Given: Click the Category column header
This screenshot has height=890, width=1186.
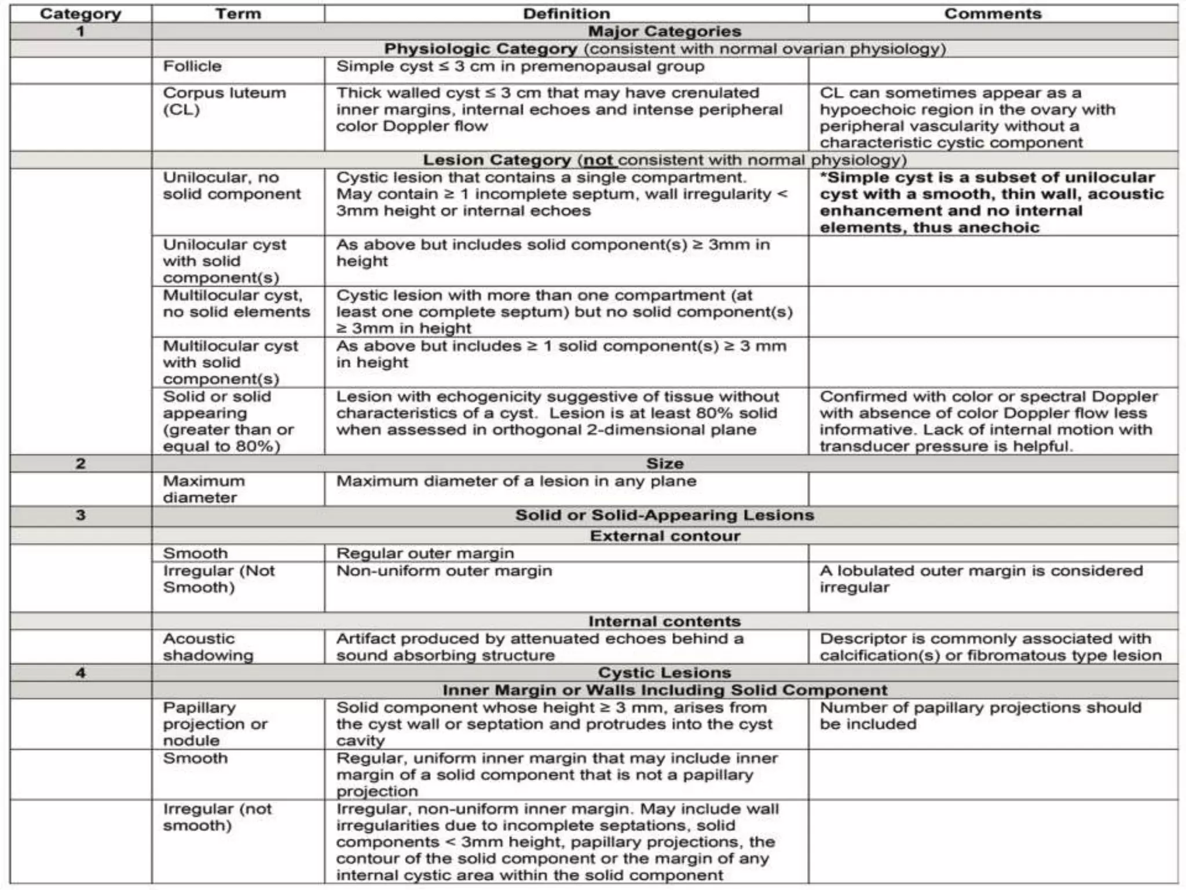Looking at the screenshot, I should (x=80, y=14).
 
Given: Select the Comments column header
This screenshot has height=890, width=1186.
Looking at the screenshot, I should (x=993, y=14).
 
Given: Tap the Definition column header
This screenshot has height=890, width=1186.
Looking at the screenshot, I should (x=566, y=14).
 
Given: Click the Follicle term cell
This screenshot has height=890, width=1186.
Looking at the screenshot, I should (x=192, y=67).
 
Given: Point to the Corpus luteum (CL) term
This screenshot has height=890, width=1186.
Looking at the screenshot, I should (x=224, y=101).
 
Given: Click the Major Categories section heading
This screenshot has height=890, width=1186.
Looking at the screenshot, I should (x=664, y=31).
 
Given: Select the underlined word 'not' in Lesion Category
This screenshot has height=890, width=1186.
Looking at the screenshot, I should (x=598, y=161).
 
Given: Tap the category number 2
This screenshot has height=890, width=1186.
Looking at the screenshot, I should (x=80, y=464).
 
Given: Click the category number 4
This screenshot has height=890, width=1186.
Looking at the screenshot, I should (x=80, y=673).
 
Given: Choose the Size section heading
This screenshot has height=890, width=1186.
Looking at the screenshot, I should (x=664, y=464).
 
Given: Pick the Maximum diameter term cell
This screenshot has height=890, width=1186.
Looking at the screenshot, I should (x=204, y=489).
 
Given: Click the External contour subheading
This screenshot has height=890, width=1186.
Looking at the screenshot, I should (x=664, y=536).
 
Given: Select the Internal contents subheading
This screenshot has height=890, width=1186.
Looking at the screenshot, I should (x=664, y=622).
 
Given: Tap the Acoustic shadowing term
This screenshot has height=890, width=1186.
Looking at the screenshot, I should (x=208, y=647).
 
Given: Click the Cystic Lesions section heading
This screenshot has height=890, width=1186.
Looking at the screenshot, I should (x=664, y=673).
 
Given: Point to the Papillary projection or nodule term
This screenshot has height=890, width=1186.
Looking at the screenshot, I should (x=215, y=724).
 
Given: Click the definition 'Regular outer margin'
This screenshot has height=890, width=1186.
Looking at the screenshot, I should (x=425, y=554).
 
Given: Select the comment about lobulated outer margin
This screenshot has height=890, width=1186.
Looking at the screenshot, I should (x=981, y=579).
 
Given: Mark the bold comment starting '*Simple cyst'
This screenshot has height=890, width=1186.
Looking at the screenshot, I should (x=991, y=202).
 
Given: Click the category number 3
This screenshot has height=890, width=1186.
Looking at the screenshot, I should (x=80, y=515).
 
